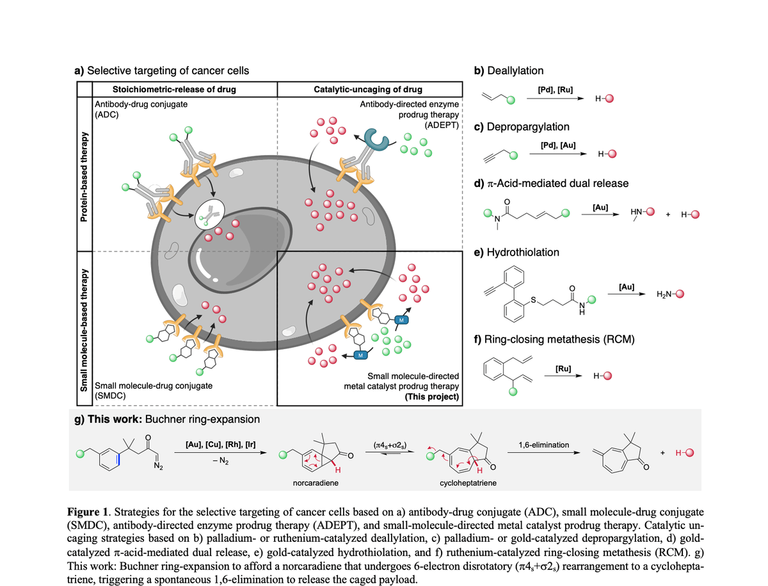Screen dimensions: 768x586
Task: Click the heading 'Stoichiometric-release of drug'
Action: pos(174,90)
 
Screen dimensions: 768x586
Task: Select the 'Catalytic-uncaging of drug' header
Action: pos(368,90)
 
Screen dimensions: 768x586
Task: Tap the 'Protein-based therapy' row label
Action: pos(84,177)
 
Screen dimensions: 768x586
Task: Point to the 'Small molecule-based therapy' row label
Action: pos(84,330)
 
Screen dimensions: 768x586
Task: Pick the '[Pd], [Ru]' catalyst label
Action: pos(556,90)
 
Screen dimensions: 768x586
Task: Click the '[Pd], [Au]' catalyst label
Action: pos(558,145)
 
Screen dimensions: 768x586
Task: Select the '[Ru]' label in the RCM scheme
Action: pos(563,369)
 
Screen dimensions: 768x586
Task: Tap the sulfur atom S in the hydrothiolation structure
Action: pos(533,300)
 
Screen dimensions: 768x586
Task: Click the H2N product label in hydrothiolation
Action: pos(664,295)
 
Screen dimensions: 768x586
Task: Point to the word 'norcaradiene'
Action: pos(316,483)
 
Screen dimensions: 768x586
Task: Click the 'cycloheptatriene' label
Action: pos(468,483)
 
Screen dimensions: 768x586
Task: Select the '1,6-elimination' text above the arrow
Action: pos(544,445)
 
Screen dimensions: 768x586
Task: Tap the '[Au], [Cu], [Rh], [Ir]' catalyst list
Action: pos(220,444)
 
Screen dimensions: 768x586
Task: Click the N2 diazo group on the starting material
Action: pos(158,466)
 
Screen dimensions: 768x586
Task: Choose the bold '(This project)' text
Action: pos(432,396)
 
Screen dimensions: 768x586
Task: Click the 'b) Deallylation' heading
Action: pos(509,70)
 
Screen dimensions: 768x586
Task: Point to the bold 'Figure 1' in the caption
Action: pos(88,512)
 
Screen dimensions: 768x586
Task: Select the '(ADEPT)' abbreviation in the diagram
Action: pos(442,125)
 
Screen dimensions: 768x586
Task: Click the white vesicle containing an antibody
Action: pos(210,215)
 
